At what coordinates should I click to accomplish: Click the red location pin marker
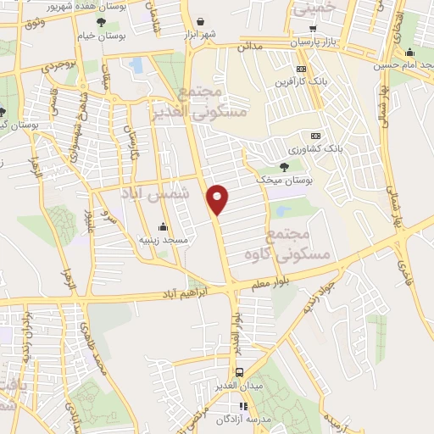(x=218, y=199)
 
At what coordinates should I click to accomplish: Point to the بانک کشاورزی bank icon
(x=315, y=136)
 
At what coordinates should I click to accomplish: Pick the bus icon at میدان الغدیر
(x=240, y=372)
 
